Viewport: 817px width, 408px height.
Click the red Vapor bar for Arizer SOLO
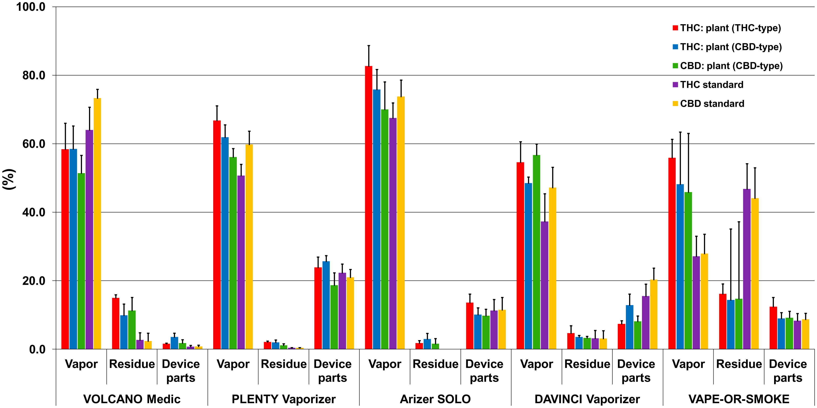click(x=368, y=208)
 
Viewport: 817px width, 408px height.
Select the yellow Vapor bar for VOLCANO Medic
click(x=97, y=224)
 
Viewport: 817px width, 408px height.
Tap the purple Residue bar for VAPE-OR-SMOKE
click(x=747, y=269)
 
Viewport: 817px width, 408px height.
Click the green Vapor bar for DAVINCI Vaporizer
click(x=537, y=252)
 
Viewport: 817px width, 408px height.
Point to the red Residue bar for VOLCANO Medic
click(x=116, y=323)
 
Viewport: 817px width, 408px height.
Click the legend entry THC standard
click(x=711, y=85)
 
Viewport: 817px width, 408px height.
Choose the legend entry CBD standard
click(x=712, y=104)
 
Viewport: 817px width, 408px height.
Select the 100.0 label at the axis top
click(x=31, y=7)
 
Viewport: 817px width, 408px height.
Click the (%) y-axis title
click(x=9, y=179)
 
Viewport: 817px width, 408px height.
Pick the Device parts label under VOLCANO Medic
click(x=181, y=371)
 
